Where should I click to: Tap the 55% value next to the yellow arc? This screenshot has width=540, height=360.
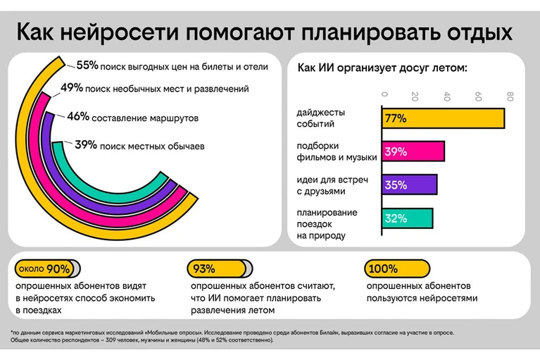[x=87, y=66]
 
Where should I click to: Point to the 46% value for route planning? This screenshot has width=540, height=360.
[x=77, y=117]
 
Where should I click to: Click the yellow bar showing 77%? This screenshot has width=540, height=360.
[x=443, y=118]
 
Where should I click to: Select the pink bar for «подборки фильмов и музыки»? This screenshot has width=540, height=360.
[x=413, y=151]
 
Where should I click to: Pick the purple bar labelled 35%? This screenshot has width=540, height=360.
[x=409, y=185]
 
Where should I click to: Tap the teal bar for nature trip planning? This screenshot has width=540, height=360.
[x=407, y=218]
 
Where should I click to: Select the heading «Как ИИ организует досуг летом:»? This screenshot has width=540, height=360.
[x=382, y=68]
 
